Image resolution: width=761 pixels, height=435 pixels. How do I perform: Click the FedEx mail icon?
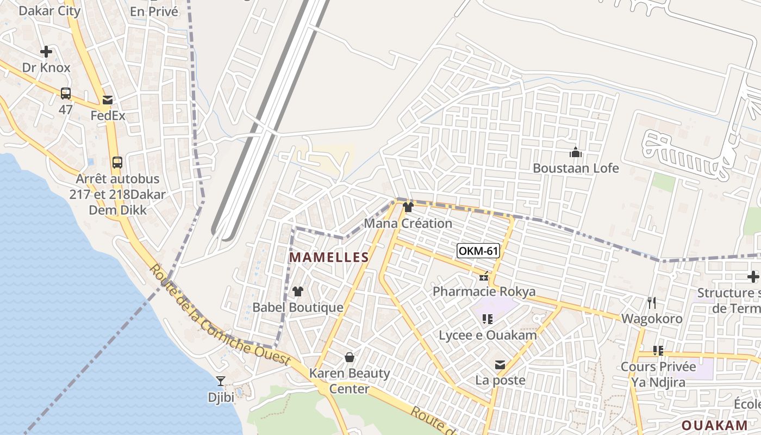click(x=108, y=100)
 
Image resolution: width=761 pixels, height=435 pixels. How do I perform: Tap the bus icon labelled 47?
click(x=66, y=94)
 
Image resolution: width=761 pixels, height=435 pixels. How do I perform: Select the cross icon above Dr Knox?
click(x=46, y=52)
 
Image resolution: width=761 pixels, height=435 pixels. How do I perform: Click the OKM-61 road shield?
click(x=478, y=251)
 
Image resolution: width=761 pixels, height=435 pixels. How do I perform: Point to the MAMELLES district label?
click(x=329, y=257)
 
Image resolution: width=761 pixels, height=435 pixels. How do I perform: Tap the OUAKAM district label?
click(x=714, y=425)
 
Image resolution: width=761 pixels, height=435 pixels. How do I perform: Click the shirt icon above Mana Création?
click(x=408, y=207)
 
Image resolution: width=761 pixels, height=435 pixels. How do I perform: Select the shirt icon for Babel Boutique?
click(x=297, y=291)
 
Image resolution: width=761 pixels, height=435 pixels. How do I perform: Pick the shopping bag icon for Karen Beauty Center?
click(x=350, y=357)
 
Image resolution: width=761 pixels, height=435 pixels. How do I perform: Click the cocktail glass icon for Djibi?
click(x=221, y=381)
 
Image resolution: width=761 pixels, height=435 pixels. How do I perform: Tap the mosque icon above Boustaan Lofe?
click(x=576, y=152)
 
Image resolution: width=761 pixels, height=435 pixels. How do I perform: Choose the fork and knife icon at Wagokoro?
click(x=652, y=302)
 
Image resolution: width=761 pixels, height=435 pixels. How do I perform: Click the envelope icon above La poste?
click(x=500, y=365)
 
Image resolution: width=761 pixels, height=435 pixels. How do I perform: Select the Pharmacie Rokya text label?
click(x=484, y=291)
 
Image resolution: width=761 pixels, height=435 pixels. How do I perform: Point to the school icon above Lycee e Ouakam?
click(x=488, y=319)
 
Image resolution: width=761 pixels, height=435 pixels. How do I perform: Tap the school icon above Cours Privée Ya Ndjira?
click(x=658, y=351)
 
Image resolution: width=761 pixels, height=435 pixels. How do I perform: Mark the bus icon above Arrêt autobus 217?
click(x=117, y=162)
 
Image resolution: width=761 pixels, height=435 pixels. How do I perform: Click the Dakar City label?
click(x=49, y=10)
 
